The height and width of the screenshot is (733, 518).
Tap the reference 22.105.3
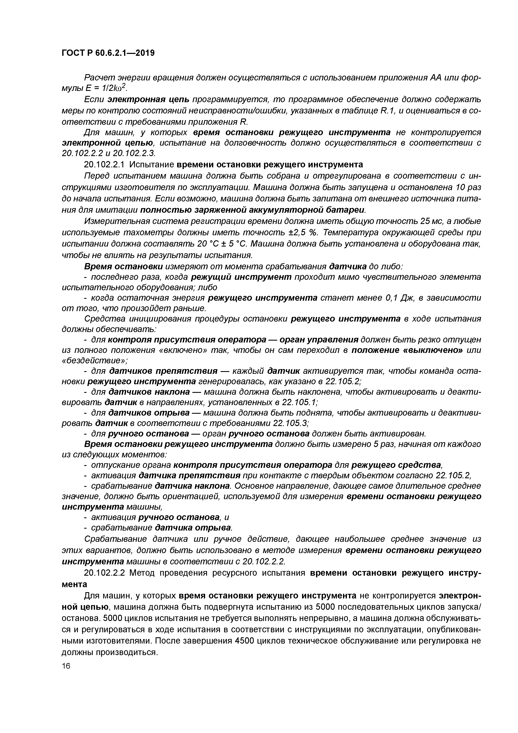tap(291, 423)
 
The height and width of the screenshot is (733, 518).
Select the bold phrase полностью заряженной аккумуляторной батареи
tap(253, 210)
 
